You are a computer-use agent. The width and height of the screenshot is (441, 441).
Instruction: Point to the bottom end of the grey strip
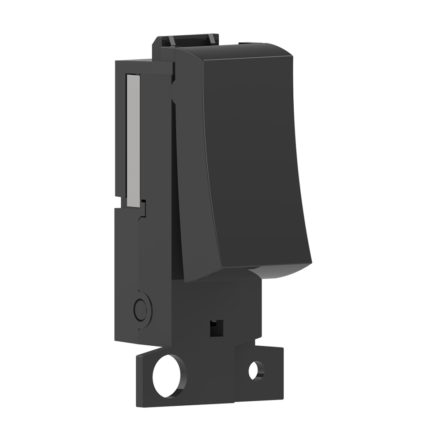coord(133,203)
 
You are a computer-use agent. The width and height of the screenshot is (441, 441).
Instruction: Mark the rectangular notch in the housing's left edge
coord(120,202)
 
